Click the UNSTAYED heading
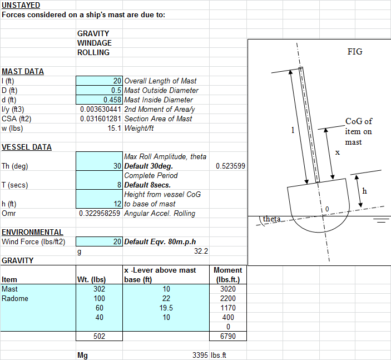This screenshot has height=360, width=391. click(21, 5)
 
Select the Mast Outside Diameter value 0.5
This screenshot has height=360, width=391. click(116, 90)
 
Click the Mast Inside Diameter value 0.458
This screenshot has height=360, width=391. click(112, 100)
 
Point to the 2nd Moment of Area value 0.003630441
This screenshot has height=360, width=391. click(101, 109)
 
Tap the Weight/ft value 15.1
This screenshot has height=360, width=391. click(115, 128)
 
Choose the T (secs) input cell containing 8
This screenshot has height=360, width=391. click(99, 180)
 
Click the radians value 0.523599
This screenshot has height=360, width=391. click(230, 166)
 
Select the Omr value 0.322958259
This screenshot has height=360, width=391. click(100, 213)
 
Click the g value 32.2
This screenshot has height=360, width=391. click(201, 251)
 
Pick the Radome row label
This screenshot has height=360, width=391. click(15, 298)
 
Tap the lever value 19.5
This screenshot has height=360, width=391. click(166, 308)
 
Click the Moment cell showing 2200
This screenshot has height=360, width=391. click(228, 298)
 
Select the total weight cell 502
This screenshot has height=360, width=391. click(99, 336)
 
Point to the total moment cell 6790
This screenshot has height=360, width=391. click(228, 336)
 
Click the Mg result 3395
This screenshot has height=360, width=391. click(200, 355)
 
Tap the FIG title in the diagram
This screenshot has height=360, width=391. click(355, 52)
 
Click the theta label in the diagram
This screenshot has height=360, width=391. click(271, 219)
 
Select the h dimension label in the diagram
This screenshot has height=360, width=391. click(364, 191)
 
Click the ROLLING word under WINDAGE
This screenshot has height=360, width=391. click(93, 52)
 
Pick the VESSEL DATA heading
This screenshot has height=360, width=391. click(27, 147)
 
